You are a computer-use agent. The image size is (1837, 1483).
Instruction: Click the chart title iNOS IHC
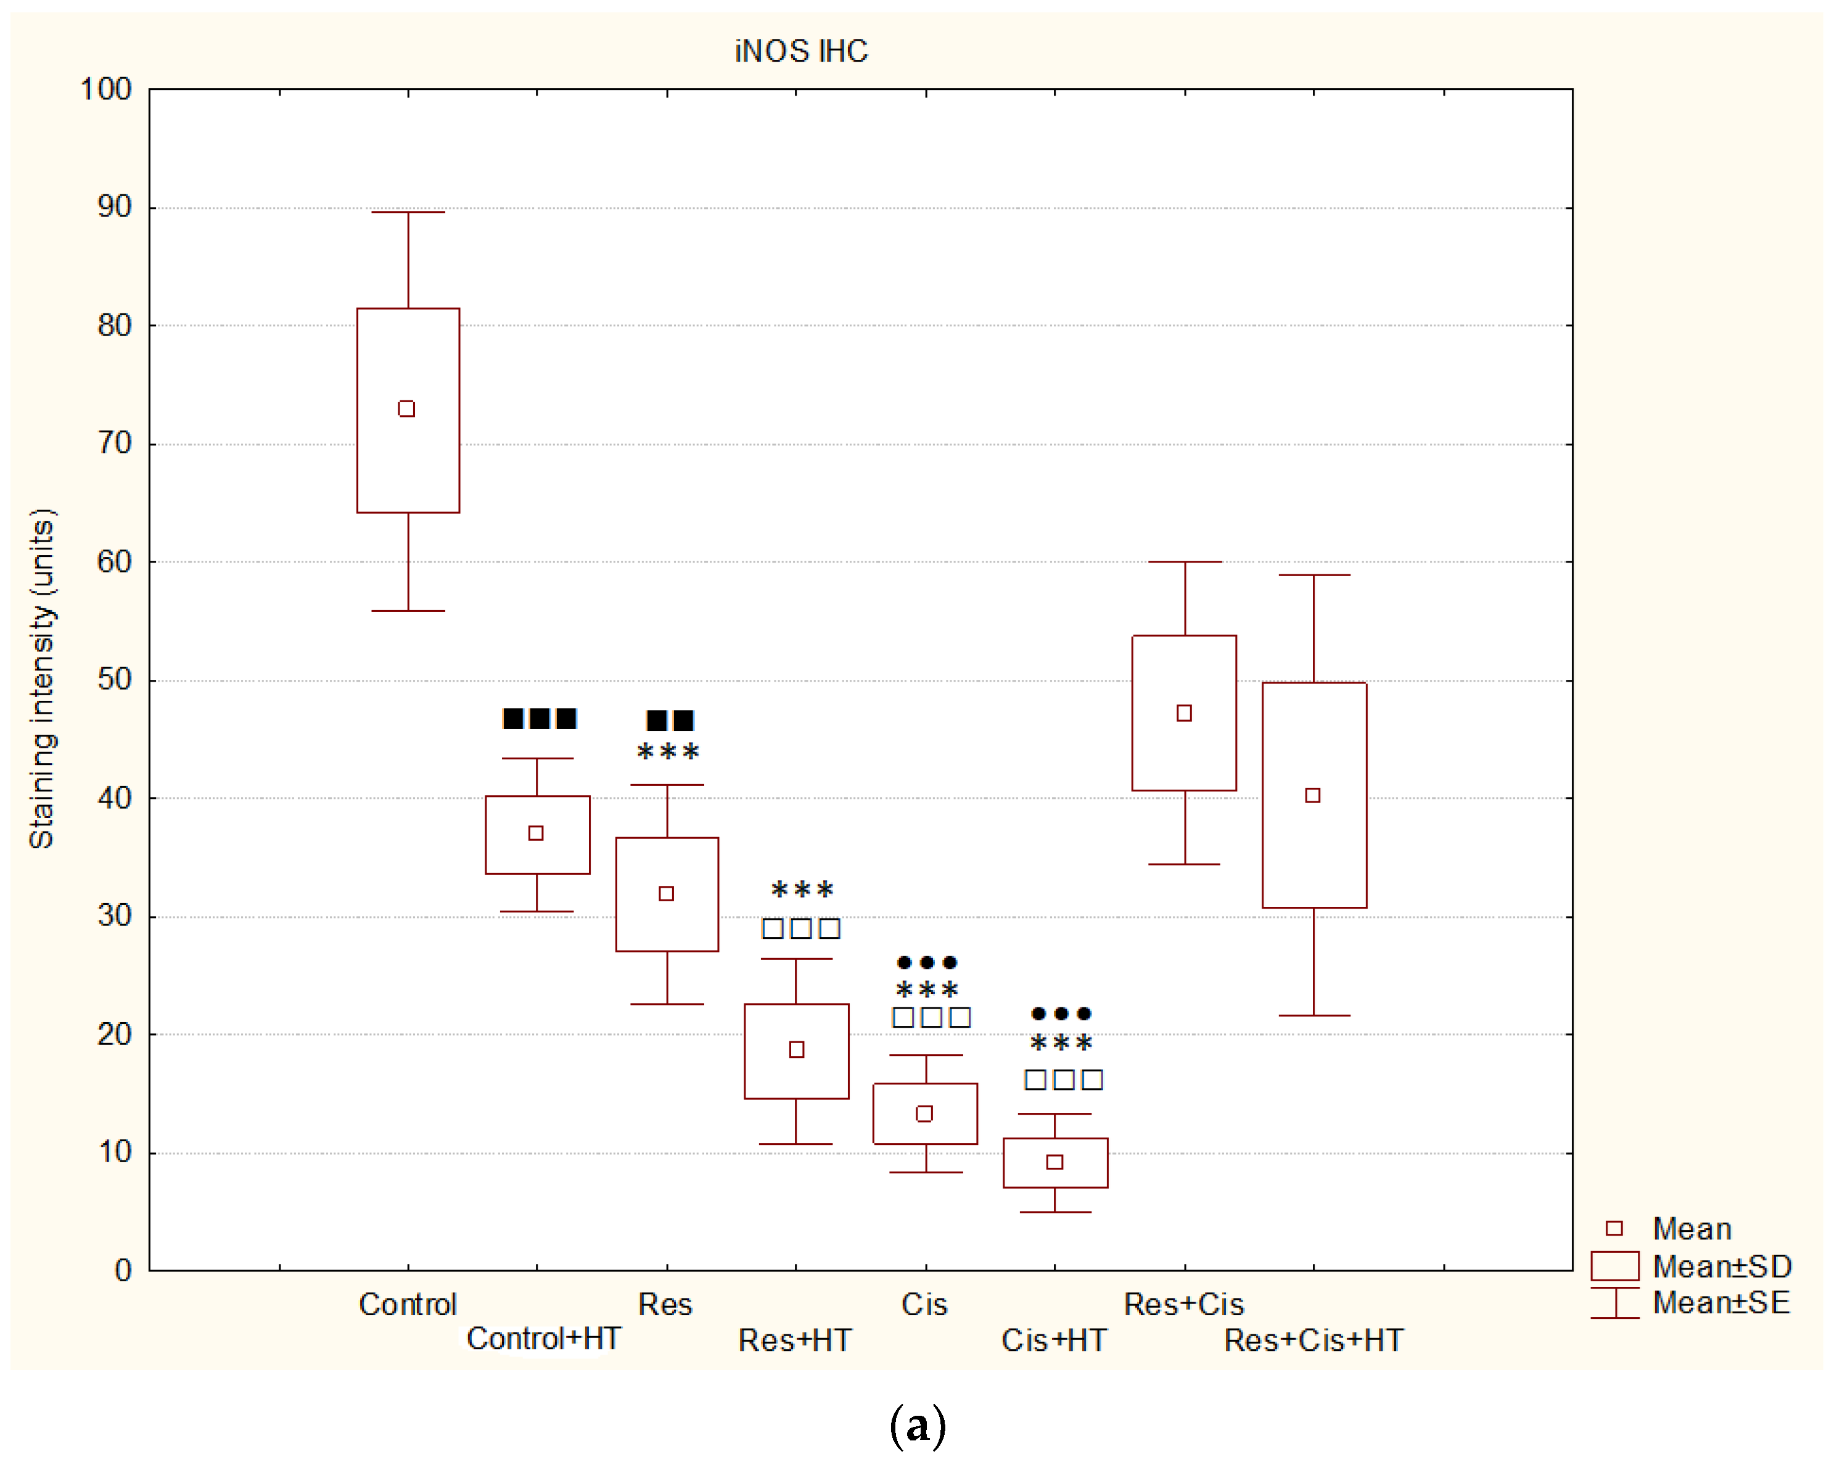tap(801, 51)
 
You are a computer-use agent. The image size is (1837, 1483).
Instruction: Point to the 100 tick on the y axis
tap(106, 89)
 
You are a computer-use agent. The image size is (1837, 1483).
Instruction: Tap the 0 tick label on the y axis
tap(123, 1270)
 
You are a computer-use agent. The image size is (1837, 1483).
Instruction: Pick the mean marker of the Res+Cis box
tap(1184, 713)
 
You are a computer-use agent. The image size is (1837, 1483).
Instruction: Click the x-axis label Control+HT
tap(543, 1339)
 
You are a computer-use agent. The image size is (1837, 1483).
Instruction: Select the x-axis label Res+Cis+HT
tap(1313, 1340)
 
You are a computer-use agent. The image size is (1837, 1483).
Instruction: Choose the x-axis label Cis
tap(924, 1305)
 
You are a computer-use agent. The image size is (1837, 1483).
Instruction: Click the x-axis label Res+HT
tap(795, 1340)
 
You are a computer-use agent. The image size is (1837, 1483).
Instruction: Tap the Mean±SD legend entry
tap(1722, 1266)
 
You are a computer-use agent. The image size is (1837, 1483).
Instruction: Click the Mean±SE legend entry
tap(1721, 1303)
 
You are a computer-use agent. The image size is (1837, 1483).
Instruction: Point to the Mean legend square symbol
tap(1614, 1228)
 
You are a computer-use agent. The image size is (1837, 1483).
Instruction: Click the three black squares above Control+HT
tap(539, 719)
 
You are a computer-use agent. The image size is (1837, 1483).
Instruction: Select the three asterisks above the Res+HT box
tap(802, 891)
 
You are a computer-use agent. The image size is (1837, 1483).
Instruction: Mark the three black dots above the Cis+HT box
tap(1061, 1014)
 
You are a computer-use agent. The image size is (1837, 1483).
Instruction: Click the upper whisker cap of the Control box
tap(408, 212)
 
